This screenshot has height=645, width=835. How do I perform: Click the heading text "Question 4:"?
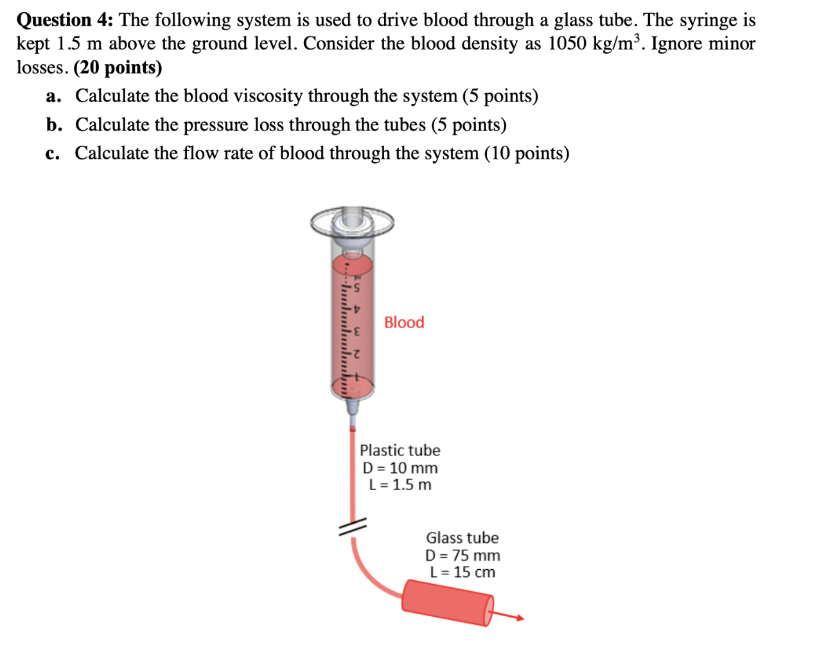pyautogui.click(x=64, y=20)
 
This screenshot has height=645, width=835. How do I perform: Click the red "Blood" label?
pyautogui.click(x=404, y=322)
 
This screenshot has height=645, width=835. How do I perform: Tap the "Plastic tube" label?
pyautogui.click(x=400, y=450)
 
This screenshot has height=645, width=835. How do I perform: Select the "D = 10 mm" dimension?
pyautogui.click(x=400, y=468)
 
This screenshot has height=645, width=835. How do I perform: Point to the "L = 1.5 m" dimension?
pyautogui.click(x=400, y=485)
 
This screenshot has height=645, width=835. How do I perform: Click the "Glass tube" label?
pyautogui.click(x=462, y=538)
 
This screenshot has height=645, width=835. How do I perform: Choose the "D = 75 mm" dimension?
pyautogui.click(x=462, y=555)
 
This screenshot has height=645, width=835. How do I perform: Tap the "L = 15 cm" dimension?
pyautogui.click(x=462, y=572)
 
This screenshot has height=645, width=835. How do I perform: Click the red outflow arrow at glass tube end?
pyautogui.click(x=511, y=617)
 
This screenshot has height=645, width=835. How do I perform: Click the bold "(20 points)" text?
pyautogui.click(x=118, y=67)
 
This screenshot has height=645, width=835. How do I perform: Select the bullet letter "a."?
pyautogui.click(x=53, y=96)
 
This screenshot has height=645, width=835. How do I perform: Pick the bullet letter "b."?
pyautogui.click(x=54, y=125)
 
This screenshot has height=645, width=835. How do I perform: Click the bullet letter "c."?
pyautogui.click(x=53, y=154)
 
